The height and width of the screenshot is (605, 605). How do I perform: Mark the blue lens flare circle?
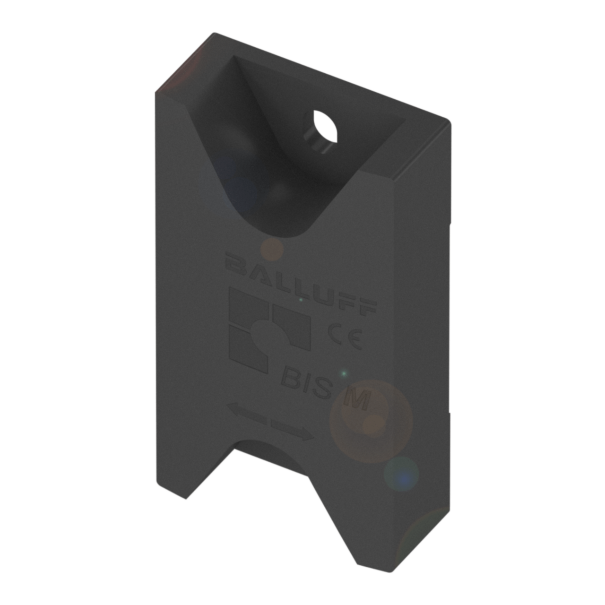click(401, 475)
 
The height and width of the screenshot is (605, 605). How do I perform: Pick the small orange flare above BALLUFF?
click(272, 250)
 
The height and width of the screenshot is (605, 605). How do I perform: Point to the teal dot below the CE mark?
click(344, 373)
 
